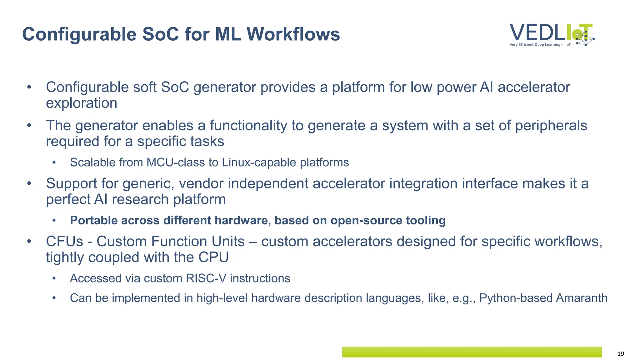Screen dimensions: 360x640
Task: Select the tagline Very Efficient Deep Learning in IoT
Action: click(x=540, y=45)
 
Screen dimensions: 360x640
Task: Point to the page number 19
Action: click(x=621, y=354)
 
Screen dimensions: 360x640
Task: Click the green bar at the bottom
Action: click(x=472, y=352)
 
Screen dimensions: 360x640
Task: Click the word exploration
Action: click(x=82, y=103)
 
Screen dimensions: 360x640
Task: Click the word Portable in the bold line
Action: click(x=93, y=220)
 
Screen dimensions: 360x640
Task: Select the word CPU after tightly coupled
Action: click(x=214, y=257)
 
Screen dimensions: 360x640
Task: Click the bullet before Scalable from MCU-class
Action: click(x=54, y=162)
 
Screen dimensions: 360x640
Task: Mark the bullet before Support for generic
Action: click(x=29, y=183)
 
